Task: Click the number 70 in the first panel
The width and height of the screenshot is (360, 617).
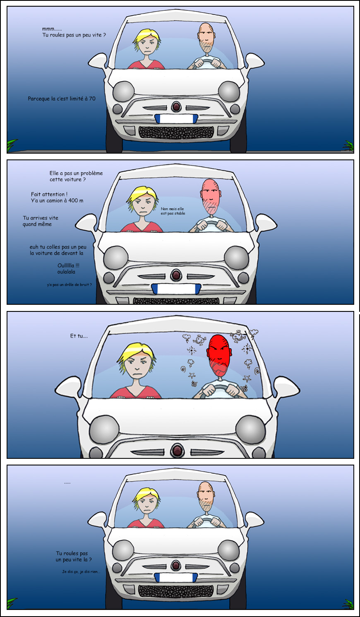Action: click(92, 99)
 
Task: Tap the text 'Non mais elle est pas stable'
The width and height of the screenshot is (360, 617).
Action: click(173, 211)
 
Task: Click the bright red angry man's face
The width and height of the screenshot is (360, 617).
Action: click(219, 355)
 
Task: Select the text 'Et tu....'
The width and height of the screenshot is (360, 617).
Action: click(79, 336)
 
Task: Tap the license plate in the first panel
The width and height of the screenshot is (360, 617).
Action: click(176, 119)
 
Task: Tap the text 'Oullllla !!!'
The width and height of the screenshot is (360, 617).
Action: click(68, 265)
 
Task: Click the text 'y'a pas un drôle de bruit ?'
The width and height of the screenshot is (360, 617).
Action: click(70, 284)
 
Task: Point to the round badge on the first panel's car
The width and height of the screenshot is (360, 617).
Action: click(176, 106)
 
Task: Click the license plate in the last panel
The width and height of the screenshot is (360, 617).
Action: click(176, 577)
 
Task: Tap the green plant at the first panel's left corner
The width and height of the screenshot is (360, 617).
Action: click(12, 145)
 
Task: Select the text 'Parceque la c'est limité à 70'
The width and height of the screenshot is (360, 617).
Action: click(62, 99)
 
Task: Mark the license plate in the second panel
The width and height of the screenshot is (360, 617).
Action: click(176, 289)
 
